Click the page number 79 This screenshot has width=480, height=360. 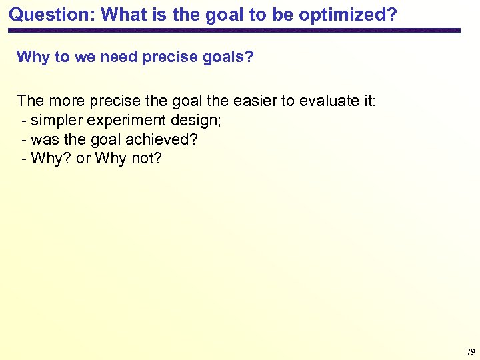pos(470,351)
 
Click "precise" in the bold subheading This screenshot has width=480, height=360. pos(169,57)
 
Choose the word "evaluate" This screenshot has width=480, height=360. pos(330,101)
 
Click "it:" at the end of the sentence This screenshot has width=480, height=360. pos(369,101)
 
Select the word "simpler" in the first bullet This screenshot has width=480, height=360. pos(55,121)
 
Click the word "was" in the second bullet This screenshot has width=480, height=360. pos(44,140)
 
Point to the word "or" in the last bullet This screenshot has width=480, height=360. pos(83,159)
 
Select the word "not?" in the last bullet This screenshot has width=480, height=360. pos(147,159)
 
